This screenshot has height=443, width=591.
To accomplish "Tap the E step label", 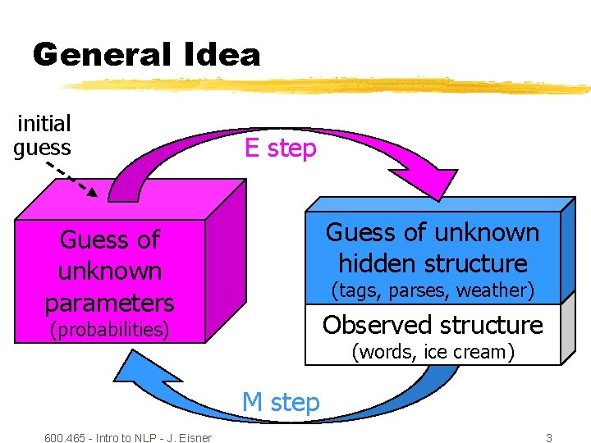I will pos(280,148).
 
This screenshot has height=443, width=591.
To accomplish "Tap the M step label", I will pos(280,402).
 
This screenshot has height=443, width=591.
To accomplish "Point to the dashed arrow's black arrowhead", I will pos(92,193).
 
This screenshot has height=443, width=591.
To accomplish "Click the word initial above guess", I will pos(44,124).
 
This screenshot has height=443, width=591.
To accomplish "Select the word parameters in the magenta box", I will pos(109,303).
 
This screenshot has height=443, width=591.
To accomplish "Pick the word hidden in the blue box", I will pos(384,263).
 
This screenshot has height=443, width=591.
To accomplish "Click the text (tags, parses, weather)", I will pos(433,290).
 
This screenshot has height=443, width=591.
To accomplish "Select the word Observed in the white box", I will pos(375,326).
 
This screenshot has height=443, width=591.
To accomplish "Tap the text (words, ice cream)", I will pos(433,352).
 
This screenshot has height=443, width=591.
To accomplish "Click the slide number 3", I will pos(549,437).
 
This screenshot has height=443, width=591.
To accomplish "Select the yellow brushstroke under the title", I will pos(328,84).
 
